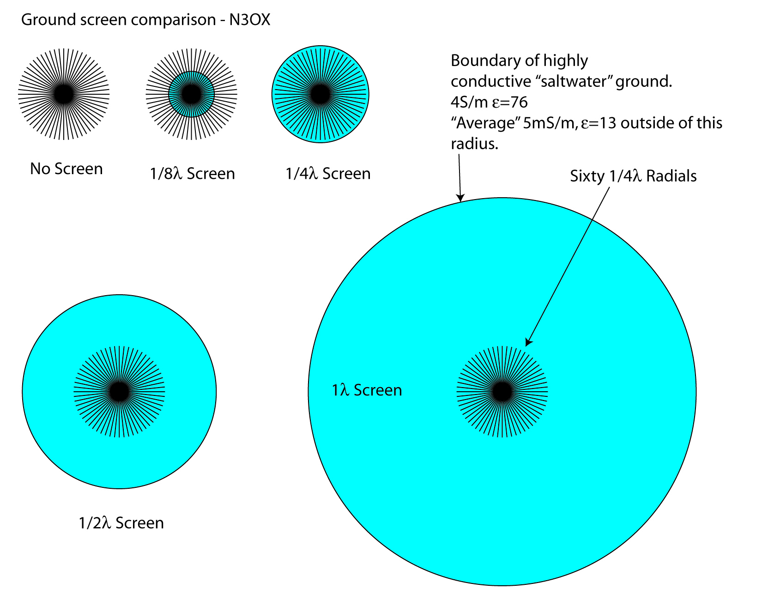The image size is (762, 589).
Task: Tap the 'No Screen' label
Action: (x=67, y=169)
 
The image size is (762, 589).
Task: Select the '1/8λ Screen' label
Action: (x=193, y=174)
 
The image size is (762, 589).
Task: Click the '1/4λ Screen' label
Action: (x=328, y=174)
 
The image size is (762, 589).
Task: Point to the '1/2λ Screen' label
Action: (x=121, y=523)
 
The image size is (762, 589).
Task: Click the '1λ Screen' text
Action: (x=367, y=390)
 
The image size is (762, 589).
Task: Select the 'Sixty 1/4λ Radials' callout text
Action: (x=633, y=176)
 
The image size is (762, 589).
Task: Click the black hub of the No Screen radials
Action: (x=64, y=94)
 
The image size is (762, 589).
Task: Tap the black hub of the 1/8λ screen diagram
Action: (x=191, y=94)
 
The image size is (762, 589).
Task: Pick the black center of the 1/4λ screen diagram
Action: (x=320, y=94)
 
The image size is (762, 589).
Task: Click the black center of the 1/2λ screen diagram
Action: (x=119, y=392)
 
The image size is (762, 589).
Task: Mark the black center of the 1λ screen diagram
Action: (x=502, y=392)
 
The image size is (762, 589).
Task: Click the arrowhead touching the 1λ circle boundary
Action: (x=460, y=198)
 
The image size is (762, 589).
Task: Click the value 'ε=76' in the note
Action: (x=510, y=102)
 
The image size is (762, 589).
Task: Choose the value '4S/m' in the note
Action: (x=469, y=102)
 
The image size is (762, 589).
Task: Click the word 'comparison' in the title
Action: (x=175, y=20)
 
